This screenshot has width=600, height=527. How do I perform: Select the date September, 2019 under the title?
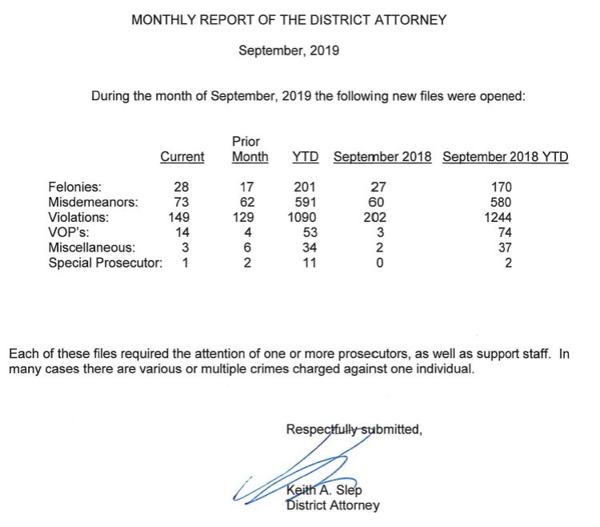(x=289, y=50)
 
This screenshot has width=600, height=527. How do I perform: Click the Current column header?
(x=182, y=157)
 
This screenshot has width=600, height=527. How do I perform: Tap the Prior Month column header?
(x=250, y=150)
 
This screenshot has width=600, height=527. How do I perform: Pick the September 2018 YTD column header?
(x=506, y=157)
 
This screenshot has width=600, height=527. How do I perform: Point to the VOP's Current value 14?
(x=184, y=232)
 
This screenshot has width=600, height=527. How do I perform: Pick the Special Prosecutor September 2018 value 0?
(x=374, y=262)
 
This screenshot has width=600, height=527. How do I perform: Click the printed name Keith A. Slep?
(x=322, y=491)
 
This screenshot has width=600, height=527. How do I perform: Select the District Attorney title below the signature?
(x=332, y=505)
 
